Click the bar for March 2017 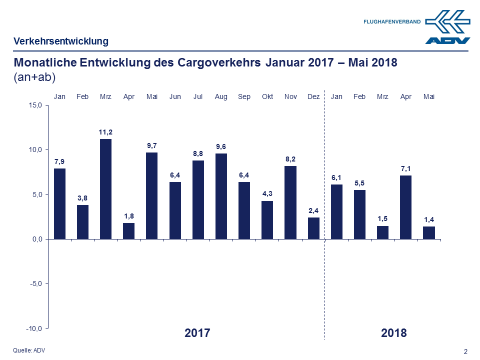(x=105, y=189)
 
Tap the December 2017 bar (x=313, y=228)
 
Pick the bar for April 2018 (x=405, y=207)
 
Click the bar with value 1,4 (x=428, y=232)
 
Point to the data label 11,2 (x=105, y=132)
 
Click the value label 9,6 (x=221, y=146)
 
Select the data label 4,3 (x=267, y=194)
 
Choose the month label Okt (x=267, y=96)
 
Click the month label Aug (x=221, y=96)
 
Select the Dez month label (x=313, y=96)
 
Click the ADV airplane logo (x=447, y=26)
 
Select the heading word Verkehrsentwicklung (x=61, y=41)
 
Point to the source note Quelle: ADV (x=28, y=350)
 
